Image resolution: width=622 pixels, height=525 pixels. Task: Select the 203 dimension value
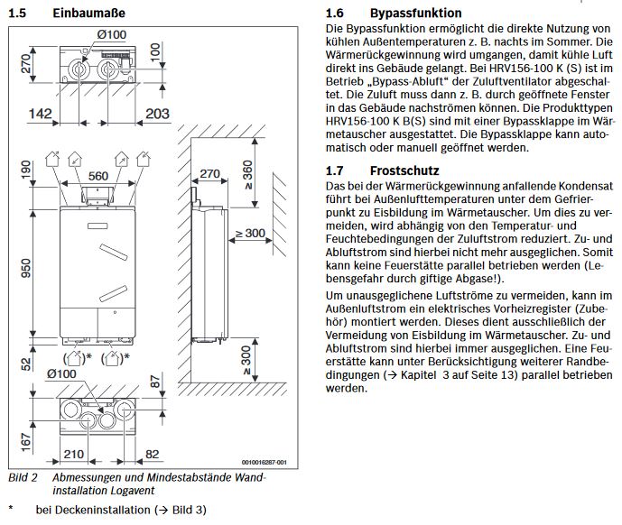(157, 114)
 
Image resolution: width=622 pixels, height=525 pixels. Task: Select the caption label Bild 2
(22, 477)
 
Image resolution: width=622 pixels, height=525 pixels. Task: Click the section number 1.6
(334, 14)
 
